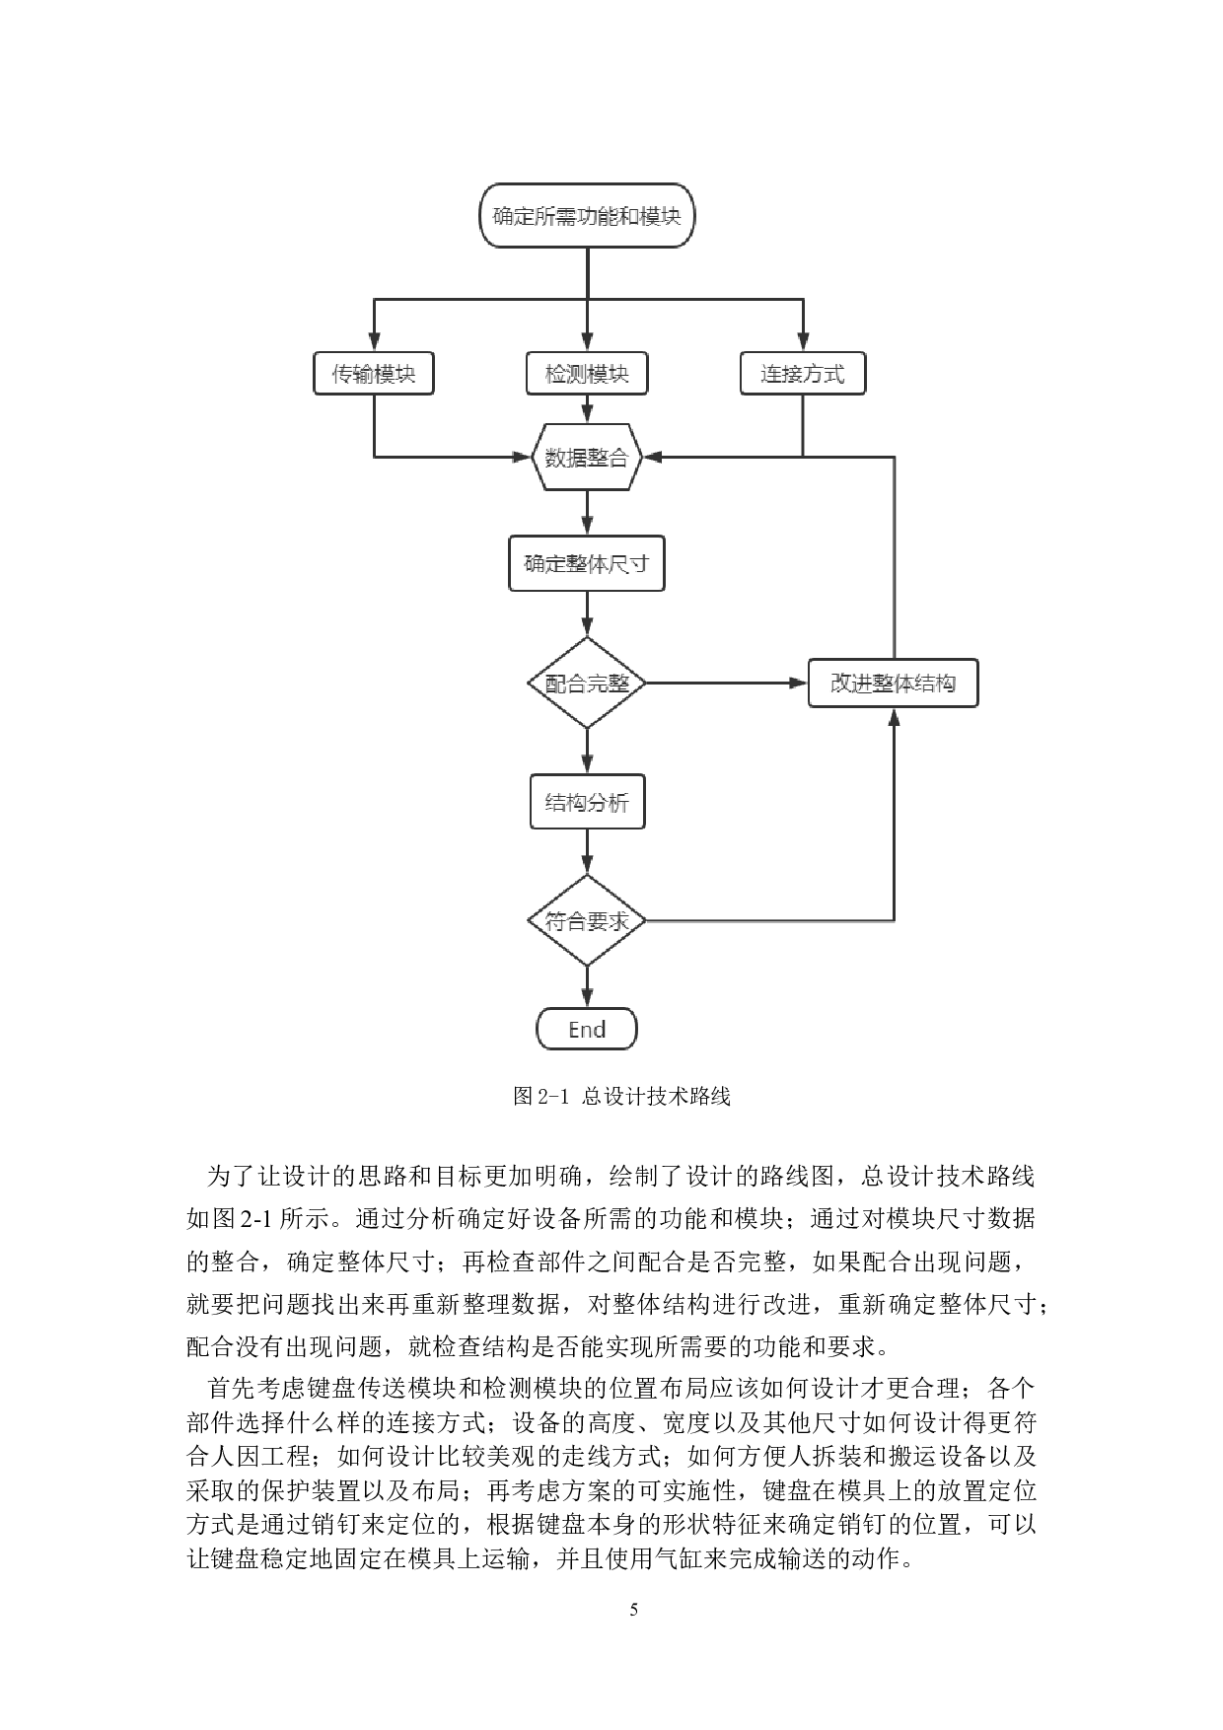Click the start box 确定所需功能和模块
click(587, 216)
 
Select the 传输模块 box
click(374, 374)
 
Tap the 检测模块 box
click(587, 374)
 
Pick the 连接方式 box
click(802, 374)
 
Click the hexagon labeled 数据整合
click(587, 458)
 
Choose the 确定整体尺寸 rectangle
click(587, 563)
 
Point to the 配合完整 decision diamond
click(587, 683)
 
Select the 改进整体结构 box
click(893, 683)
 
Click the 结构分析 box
click(587, 802)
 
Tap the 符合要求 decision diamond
click(587, 920)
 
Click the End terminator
click(587, 1029)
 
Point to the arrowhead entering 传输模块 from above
click(374, 343)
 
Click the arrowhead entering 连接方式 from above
click(802, 343)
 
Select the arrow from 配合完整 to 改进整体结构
click(726, 683)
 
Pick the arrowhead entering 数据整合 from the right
click(653, 457)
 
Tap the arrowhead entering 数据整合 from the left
click(523, 457)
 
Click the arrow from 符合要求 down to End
click(587, 986)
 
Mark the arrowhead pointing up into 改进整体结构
click(894, 717)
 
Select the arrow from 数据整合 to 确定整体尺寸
click(587, 513)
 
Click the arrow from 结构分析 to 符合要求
click(587, 851)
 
